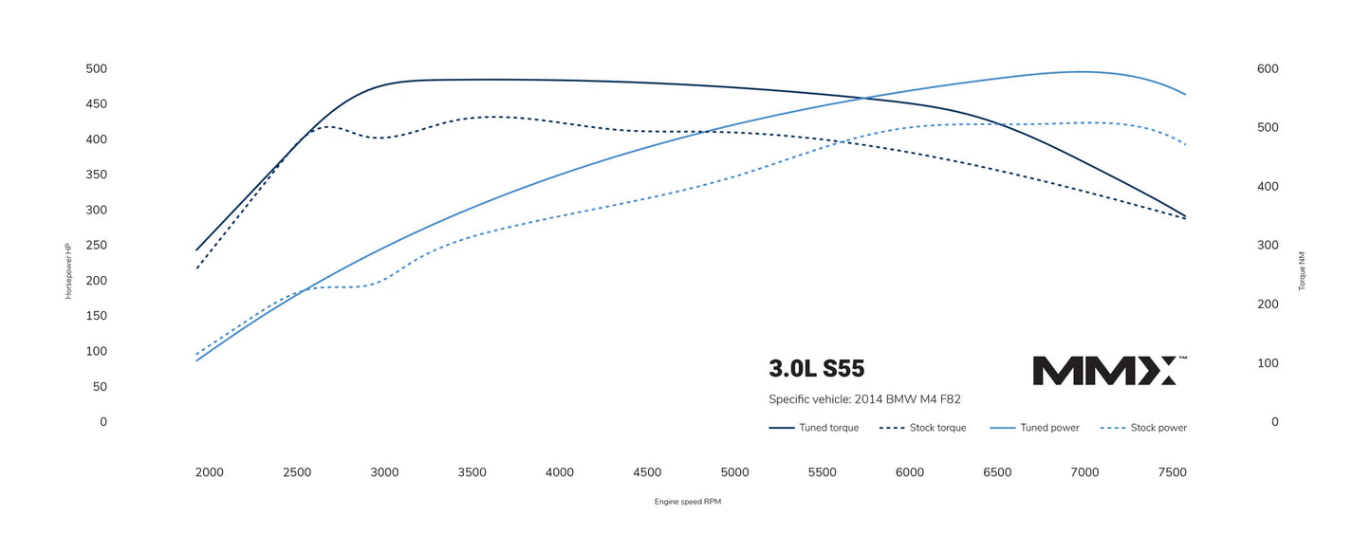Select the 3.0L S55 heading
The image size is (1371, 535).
point(816,369)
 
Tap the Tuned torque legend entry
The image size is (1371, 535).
point(813,428)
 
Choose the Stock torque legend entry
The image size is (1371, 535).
point(922,428)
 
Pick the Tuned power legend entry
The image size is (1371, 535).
point(1034,428)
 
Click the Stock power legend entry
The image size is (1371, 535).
point(1143,428)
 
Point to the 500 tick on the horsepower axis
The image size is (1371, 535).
point(97,69)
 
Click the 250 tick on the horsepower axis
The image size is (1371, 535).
point(97,246)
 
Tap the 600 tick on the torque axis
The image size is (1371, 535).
point(1268,69)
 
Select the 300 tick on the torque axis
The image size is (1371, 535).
point(1268,246)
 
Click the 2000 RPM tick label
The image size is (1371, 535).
point(209,472)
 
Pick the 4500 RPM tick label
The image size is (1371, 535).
point(647,472)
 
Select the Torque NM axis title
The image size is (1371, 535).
point(1303,270)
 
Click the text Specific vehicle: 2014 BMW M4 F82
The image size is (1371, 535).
point(864,399)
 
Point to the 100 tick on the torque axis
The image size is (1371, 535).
point(1268,363)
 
